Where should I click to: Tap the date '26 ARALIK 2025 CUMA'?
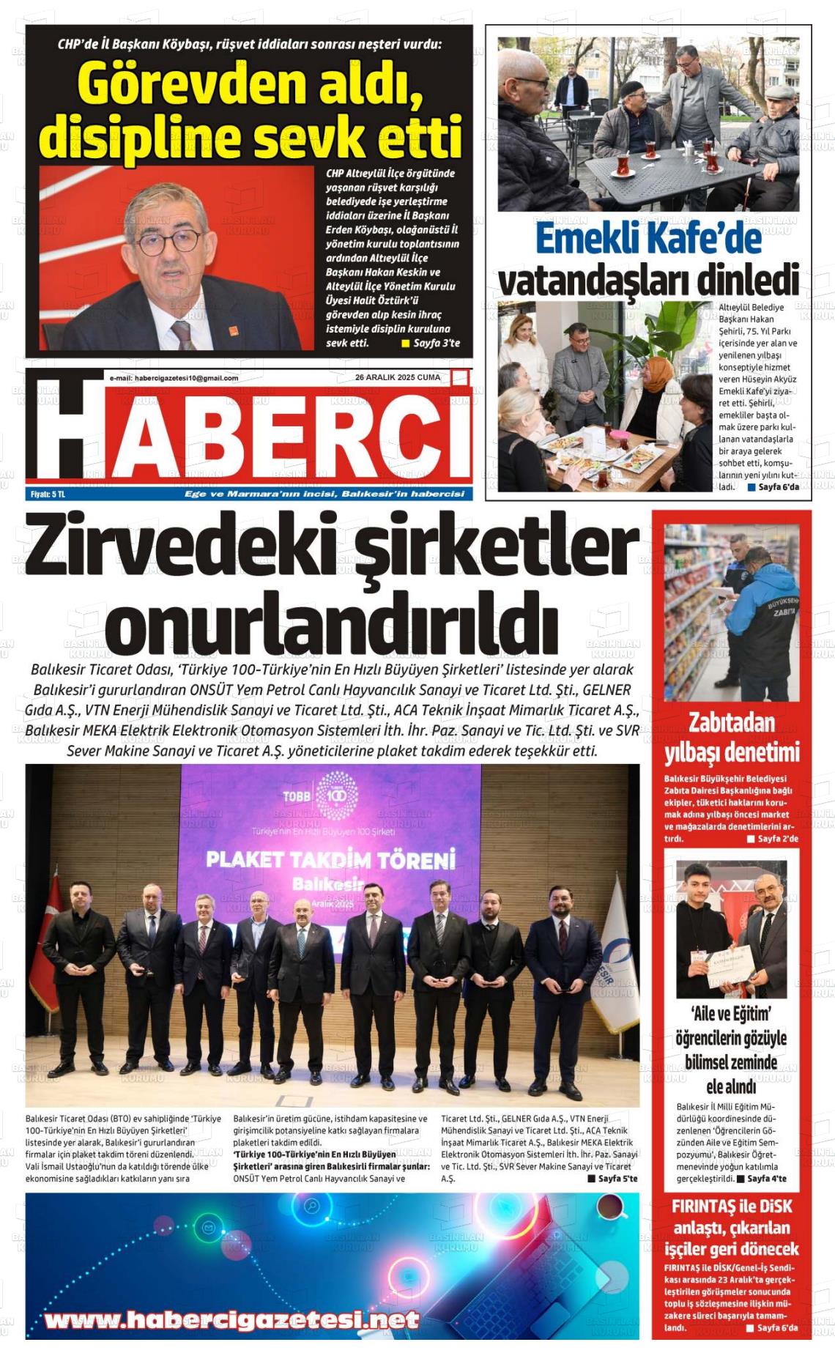(398, 377)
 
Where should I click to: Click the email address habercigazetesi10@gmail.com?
(174, 378)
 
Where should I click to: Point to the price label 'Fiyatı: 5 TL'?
(48, 494)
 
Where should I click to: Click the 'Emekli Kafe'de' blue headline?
(647, 238)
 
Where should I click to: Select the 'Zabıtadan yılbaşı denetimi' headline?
(731, 738)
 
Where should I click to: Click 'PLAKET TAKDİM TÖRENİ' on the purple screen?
(330, 859)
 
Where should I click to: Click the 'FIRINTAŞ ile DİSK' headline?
(731, 1207)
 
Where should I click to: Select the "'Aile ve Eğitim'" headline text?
(731, 1014)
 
